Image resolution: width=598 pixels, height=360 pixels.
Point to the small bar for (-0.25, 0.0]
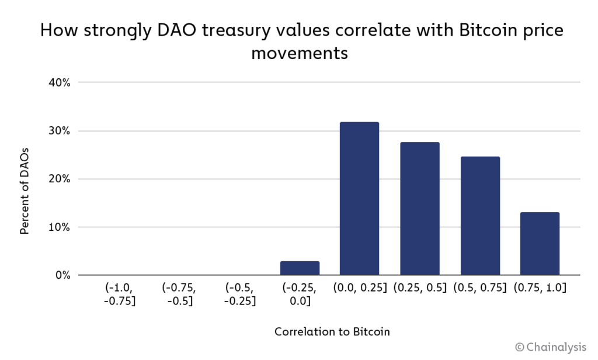tap(300, 268)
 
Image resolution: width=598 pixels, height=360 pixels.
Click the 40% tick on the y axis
tap(59, 82)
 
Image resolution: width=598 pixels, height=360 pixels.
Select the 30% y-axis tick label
tap(59, 131)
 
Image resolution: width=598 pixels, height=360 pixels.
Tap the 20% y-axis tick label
tap(59, 179)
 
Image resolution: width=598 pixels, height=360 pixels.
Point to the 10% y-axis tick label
tap(59, 227)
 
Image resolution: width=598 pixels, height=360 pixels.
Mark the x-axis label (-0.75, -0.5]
tap(179, 294)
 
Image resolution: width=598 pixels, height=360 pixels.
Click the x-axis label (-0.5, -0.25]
tap(239, 294)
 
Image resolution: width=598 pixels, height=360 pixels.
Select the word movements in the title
tap(299, 54)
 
